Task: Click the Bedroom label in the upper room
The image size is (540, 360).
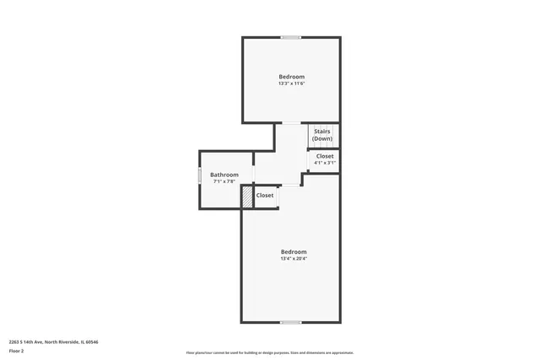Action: click(291, 77)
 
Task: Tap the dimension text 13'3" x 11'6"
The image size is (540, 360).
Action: click(291, 83)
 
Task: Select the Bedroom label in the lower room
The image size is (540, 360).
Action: click(294, 252)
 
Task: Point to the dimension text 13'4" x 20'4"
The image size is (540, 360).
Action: click(294, 259)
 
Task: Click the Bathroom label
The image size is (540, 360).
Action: click(224, 175)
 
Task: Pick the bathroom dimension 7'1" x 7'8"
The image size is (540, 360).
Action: click(224, 181)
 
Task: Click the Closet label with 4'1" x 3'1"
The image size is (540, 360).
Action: click(325, 156)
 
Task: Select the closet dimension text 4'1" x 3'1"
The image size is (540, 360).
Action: click(325, 163)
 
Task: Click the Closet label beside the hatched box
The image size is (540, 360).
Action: click(265, 195)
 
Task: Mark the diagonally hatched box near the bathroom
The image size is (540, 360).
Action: click(247, 196)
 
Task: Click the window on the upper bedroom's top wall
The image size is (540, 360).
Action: click(291, 37)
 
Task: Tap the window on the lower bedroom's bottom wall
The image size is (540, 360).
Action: click(291, 322)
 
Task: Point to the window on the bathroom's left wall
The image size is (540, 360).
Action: click(199, 176)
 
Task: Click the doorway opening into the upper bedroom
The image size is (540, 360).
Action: click(290, 124)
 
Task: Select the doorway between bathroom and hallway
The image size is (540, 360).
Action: click(254, 175)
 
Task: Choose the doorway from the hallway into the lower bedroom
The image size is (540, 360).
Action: click(290, 185)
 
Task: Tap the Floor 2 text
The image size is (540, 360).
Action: click(16, 350)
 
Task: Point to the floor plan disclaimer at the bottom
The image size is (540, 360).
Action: click(270, 352)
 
